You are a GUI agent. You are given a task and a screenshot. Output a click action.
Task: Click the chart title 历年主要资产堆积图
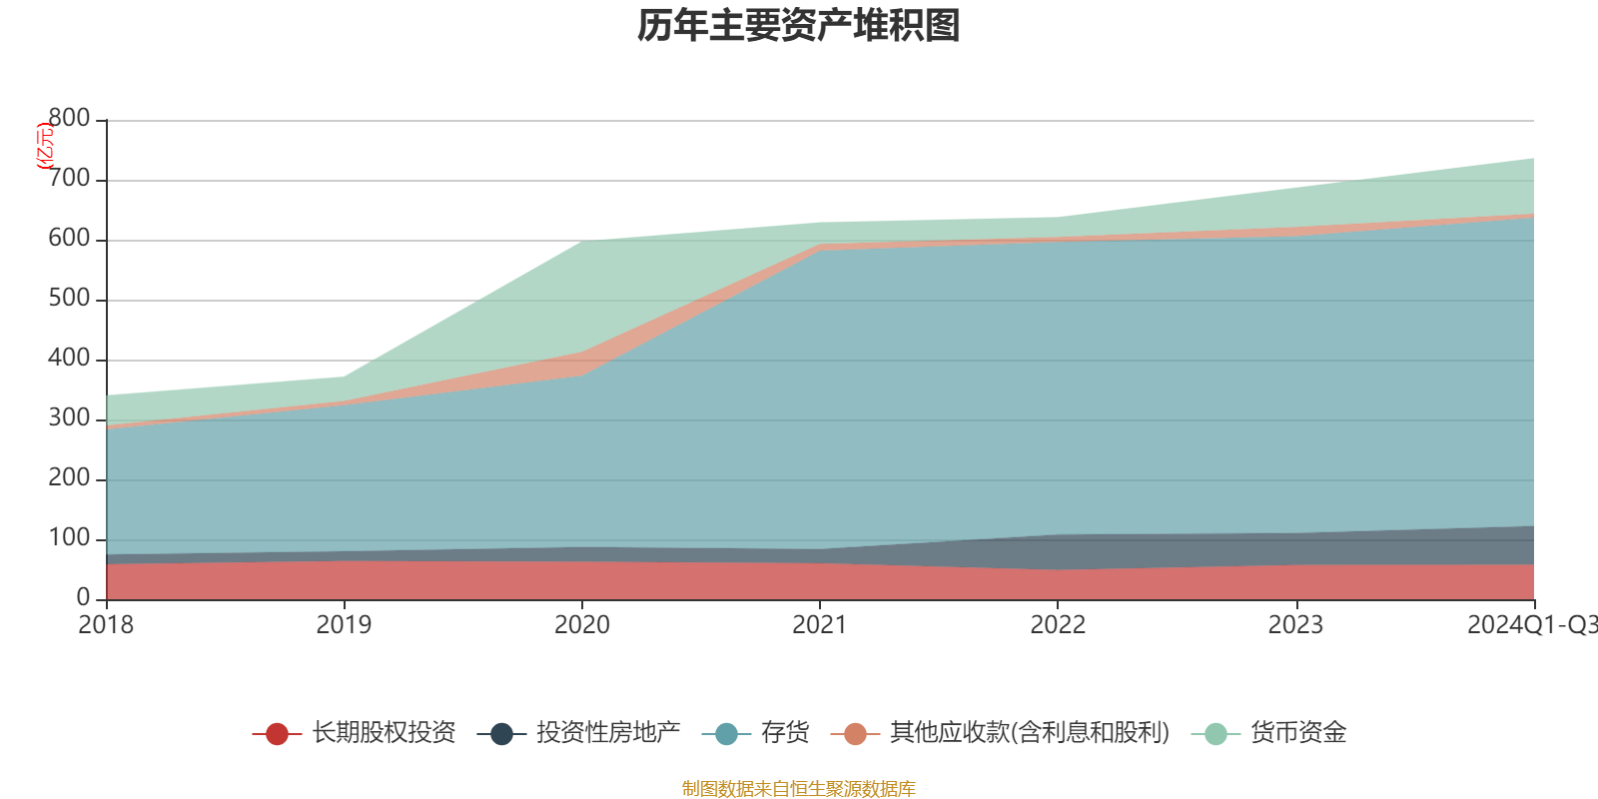click(799, 26)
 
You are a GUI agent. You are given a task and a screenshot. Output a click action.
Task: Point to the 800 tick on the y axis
click(69, 119)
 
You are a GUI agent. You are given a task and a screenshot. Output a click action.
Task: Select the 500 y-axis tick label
click(69, 299)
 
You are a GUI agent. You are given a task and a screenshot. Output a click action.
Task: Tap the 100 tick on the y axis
click(69, 538)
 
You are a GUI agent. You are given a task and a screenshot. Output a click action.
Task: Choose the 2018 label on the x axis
click(106, 625)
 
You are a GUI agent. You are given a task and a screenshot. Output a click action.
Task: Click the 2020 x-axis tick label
click(581, 625)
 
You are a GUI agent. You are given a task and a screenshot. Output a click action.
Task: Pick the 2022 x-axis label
click(1058, 625)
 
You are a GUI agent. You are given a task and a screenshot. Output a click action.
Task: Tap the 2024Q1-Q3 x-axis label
click(1531, 625)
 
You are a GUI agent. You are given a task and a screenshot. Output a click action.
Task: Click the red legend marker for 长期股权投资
click(277, 734)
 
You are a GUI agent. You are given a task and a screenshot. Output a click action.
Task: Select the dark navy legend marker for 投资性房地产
click(501, 734)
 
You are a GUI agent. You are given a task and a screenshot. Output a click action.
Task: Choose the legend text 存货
click(785, 733)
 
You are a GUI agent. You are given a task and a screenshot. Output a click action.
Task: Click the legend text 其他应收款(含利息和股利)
click(1029, 733)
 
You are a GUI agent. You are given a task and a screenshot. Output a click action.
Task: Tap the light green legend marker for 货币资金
click(1215, 734)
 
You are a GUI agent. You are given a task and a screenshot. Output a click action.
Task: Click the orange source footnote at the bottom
click(798, 789)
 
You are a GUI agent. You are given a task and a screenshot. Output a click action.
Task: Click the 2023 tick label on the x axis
click(1295, 625)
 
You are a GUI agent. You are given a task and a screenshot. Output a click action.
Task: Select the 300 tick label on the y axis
click(69, 418)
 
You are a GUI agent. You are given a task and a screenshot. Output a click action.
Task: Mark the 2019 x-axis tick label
click(344, 625)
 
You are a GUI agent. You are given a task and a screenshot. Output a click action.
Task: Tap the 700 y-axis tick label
click(69, 179)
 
